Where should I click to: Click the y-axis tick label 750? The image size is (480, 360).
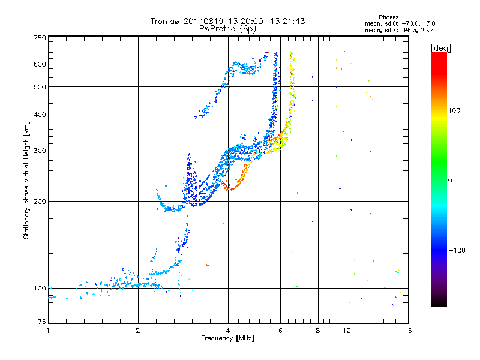40,38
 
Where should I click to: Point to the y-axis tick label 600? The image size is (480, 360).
40,64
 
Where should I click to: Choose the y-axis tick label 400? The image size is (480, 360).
40,115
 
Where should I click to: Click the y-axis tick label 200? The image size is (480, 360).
40,201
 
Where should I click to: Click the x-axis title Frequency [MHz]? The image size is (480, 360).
227,339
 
